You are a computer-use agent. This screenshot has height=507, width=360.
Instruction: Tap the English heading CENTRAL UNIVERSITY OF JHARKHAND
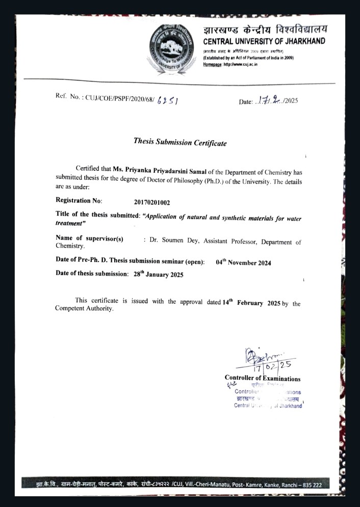click(x=264, y=41)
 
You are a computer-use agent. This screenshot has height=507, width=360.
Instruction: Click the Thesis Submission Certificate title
click(x=180, y=142)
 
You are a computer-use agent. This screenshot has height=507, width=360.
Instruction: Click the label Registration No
click(x=79, y=201)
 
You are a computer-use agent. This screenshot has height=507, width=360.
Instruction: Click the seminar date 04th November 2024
click(x=243, y=262)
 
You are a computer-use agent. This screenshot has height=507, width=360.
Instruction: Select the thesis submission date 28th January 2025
click(x=158, y=274)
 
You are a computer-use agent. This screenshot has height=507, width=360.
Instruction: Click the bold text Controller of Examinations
click(x=262, y=379)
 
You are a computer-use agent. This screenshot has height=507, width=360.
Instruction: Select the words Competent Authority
click(x=84, y=309)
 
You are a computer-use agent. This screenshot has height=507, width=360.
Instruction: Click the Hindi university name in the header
click(x=265, y=29)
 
